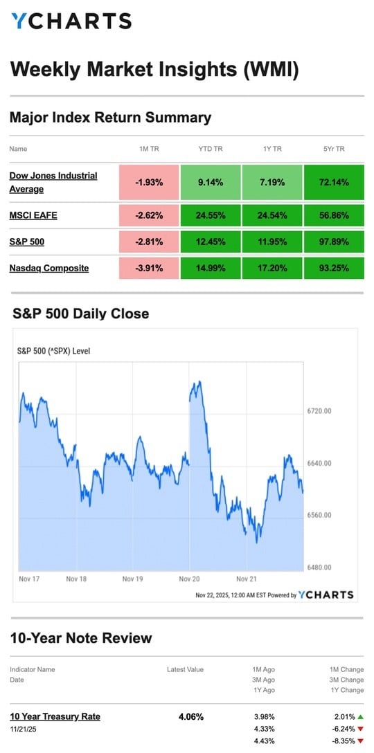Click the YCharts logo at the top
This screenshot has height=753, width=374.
(71, 21)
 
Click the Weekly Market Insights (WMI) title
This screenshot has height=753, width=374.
(154, 69)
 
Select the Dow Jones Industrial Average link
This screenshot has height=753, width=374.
(53, 182)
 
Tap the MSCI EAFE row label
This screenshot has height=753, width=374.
(33, 215)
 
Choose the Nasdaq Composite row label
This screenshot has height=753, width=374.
(49, 268)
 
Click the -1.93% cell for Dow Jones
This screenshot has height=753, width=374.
(149, 183)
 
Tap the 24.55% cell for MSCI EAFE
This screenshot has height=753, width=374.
(211, 215)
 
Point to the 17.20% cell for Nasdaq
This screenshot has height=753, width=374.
(271, 268)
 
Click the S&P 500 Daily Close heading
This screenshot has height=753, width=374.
(81, 314)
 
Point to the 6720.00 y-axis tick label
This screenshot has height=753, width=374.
(319, 411)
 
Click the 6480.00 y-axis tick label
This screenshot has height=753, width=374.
(319, 568)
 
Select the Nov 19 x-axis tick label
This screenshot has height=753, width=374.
(132, 578)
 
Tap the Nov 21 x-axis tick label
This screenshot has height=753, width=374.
(247, 578)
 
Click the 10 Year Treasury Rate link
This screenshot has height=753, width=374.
(55, 716)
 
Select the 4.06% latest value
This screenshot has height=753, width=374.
(190, 717)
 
